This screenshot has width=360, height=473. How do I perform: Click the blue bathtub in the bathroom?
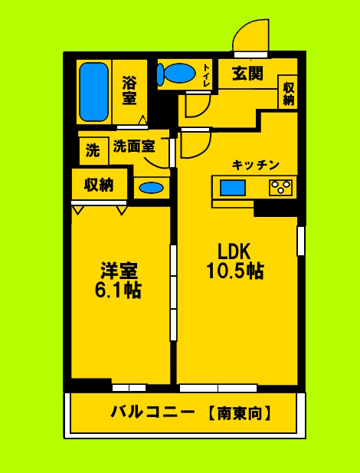tap(94, 91)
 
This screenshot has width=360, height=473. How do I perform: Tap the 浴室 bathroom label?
tap(129, 89)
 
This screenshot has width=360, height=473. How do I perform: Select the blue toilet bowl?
tap(177, 74)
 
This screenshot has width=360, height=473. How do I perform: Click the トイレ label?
tap(207, 75)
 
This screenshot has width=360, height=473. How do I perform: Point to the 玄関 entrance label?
tap(247, 74)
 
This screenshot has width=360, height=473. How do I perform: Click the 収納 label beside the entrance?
tap(288, 93)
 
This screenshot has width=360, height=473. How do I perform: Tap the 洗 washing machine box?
tap(93, 150)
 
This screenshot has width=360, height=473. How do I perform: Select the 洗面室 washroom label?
tap(134, 146)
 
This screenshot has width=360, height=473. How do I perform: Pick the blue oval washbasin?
tap(151, 188)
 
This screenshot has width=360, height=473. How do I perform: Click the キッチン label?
tap(256, 165)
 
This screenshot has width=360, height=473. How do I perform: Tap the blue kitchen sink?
tap(233, 187)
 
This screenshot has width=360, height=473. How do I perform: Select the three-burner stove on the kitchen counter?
tap(280, 186)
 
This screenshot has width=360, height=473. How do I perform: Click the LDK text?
tap(234, 251)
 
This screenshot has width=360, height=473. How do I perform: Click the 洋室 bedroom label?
tap(119, 271)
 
